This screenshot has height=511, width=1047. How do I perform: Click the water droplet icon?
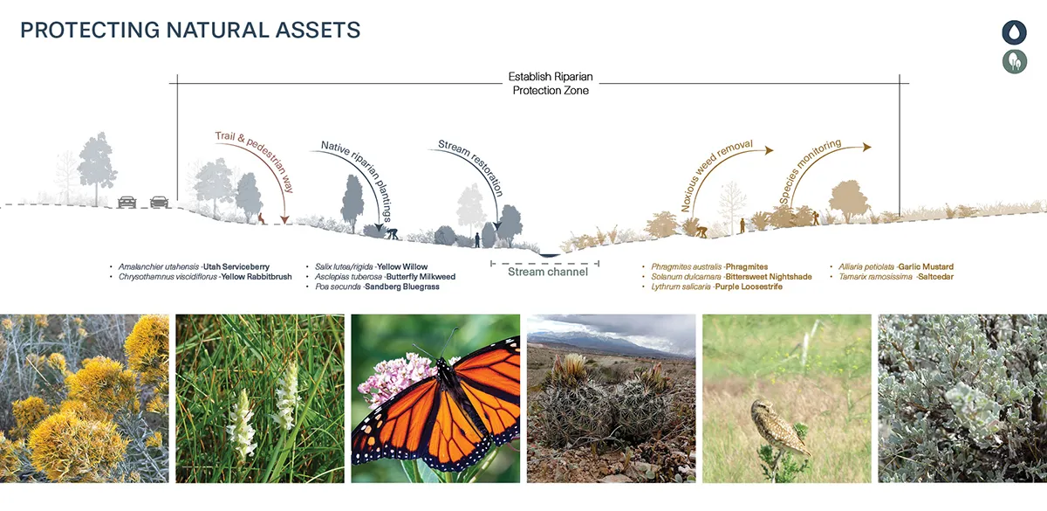[x=1014, y=32]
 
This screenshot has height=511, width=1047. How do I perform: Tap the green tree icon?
[x=1014, y=62]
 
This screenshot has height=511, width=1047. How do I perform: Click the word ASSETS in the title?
[x=318, y=30]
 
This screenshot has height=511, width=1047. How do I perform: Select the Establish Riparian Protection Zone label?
[x=551, y=83]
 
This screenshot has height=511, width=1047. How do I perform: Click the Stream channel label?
[x=548, y=272]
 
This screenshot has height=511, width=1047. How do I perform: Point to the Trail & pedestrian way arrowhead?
[x=284, y=219]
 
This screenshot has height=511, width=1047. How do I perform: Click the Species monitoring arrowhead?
[x=867, y=147]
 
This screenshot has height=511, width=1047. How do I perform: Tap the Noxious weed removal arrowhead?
[x=769, y=150]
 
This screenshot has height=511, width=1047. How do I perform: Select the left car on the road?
[x=127, y=202]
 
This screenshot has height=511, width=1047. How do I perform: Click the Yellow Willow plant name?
[x=402, y=266]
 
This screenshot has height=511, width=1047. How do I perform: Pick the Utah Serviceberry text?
[x=236, y=266]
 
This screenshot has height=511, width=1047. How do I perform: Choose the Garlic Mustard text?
[x=926, y=266]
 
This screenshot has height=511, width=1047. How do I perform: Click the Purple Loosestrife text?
[x=749, y=287]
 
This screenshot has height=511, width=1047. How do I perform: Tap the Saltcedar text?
[x=935, y=277]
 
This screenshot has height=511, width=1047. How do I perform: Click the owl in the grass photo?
[x=780, y=428]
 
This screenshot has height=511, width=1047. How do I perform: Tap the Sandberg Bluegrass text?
[x=402, y=287]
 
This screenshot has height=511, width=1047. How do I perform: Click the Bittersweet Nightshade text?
[x=769, y=277]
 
